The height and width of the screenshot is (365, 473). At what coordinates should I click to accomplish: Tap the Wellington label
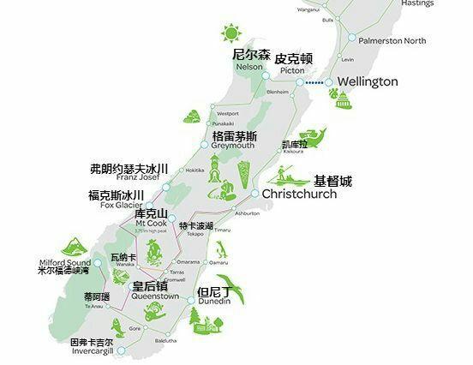368,81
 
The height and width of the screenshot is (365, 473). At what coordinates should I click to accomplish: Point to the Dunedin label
213,302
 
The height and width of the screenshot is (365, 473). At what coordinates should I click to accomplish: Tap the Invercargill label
91,351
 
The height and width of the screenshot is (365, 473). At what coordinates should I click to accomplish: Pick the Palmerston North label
391,40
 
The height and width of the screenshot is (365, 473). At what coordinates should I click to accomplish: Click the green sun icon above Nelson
230,34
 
